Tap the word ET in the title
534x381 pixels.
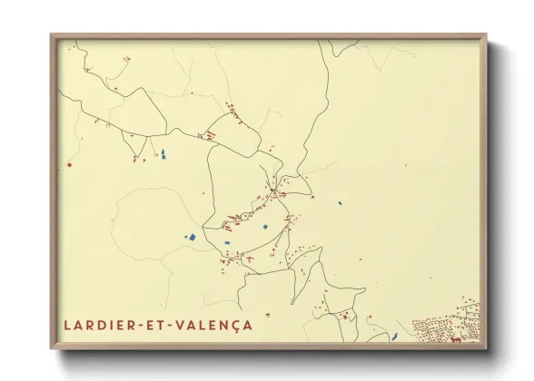151,324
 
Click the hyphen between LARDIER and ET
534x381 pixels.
136,324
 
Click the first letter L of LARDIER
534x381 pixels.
67,324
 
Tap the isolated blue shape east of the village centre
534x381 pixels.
341,203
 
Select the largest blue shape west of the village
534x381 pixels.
192,237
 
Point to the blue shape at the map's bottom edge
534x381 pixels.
394,337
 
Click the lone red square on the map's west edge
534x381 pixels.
67,165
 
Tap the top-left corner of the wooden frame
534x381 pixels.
52,35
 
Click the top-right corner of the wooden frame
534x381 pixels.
486,35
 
